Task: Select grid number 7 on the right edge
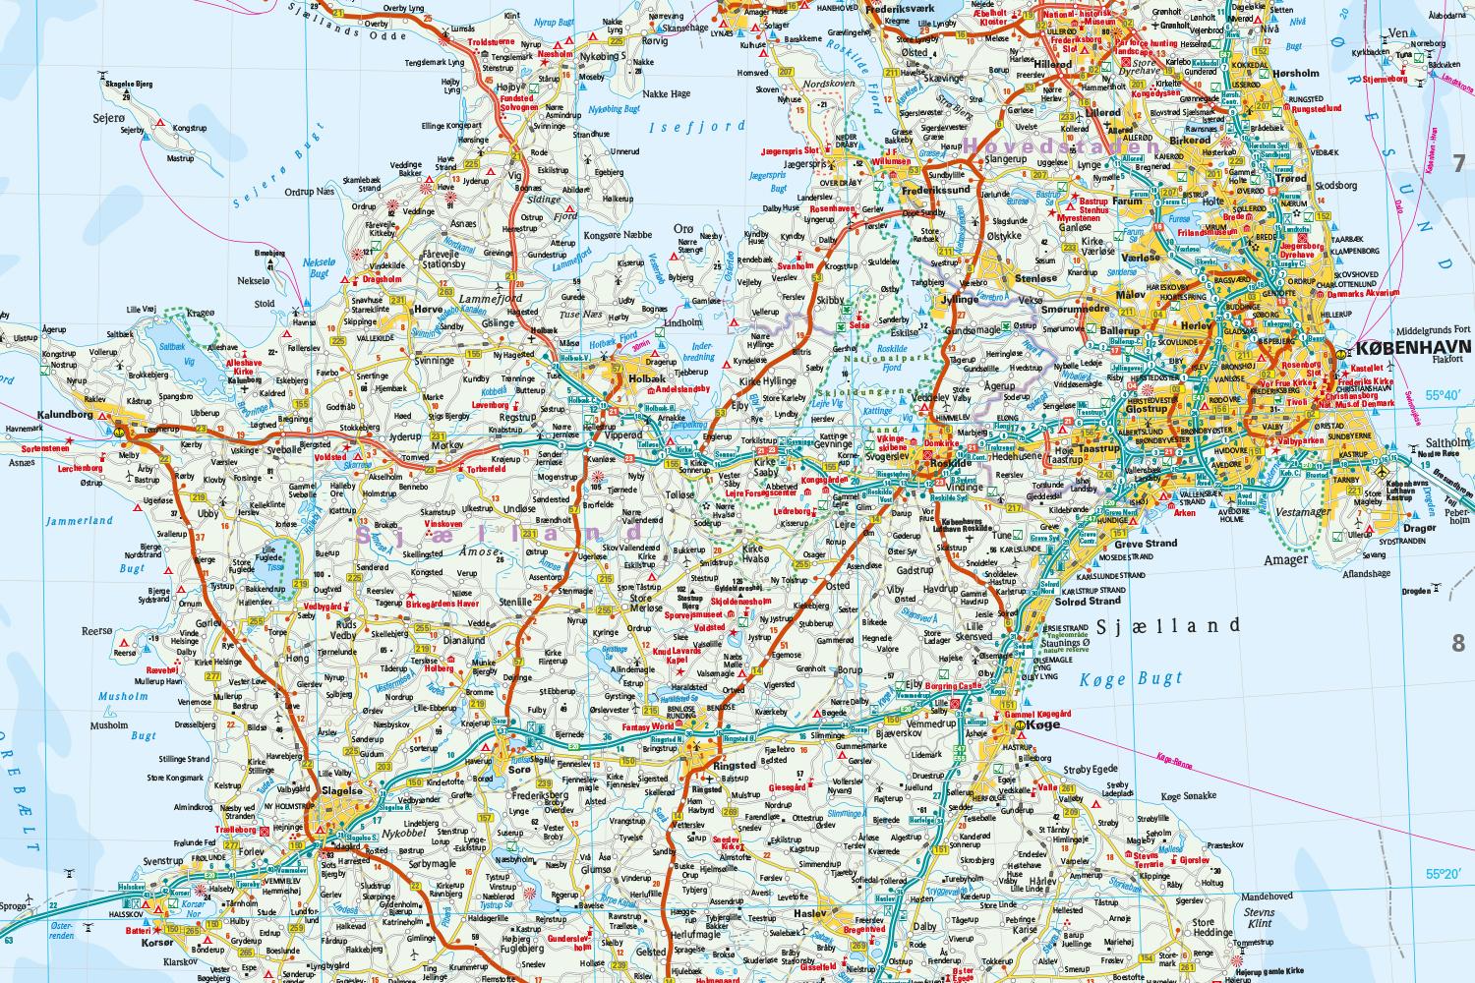(x=1458, y=164)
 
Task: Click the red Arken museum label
(x=1185, y=512)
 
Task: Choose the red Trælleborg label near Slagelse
(x=231, y=829)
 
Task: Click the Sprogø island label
(x=16, y=904)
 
